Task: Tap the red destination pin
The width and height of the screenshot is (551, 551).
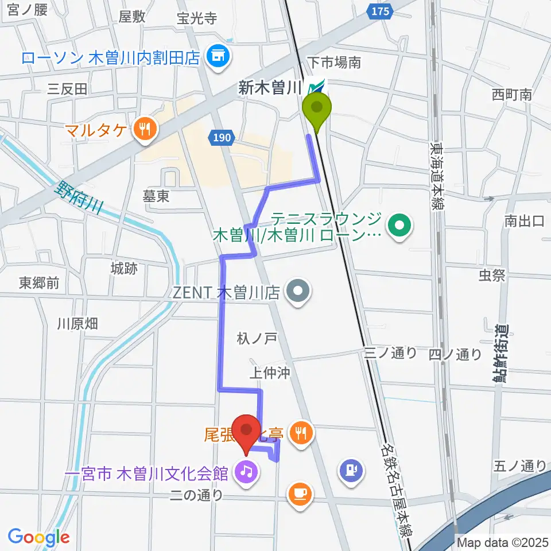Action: (x=247, y=432)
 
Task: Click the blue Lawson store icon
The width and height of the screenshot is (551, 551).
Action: (x=218, y=56)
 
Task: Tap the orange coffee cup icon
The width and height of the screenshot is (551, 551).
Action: (x=300, y=493)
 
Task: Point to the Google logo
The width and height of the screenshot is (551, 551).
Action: (x=38, y=537)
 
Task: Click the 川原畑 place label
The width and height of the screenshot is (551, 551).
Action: (x=77, y=324)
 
